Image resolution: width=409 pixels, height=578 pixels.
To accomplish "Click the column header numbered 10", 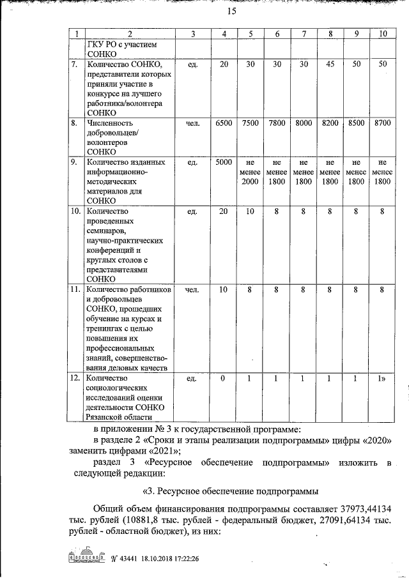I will point(383,33).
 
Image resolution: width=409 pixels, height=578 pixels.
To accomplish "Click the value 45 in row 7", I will point(330,65).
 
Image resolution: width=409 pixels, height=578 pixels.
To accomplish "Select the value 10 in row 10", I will point(250,211).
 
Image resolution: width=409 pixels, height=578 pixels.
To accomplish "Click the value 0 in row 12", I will point(223,378).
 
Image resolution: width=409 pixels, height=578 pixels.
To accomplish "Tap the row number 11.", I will point(75,290).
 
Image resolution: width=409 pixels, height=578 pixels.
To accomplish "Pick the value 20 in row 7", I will point(223,65).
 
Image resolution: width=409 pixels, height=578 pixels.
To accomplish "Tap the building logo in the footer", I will point(85,556).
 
